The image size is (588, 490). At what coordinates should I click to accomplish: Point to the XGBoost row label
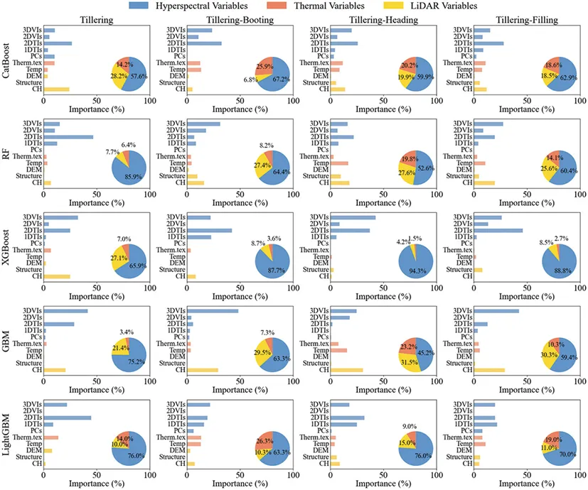point(6,244)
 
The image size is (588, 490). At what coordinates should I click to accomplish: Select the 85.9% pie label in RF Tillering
point(132,176)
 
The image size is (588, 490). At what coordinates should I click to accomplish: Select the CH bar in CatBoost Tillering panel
point(56,89)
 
